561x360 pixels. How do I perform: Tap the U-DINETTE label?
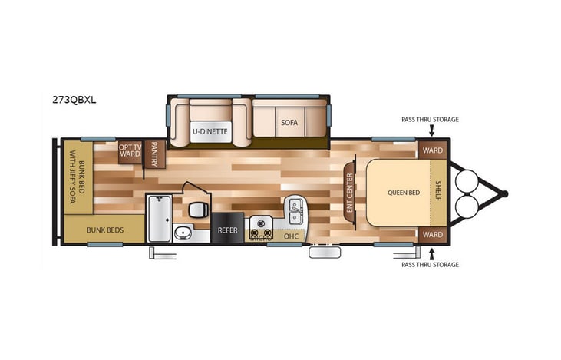point(210,131)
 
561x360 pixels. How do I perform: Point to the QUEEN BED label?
point(404,192)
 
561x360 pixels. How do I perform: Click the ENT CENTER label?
point(349,193)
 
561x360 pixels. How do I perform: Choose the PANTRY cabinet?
point(155,154)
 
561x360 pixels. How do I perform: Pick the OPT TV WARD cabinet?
point(129,150)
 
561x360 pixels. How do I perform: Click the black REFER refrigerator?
point(228,229)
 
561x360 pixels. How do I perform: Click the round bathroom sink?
point(181,234)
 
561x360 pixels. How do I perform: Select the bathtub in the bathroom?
point(160,218)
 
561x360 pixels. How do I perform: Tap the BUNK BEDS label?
point(104,230)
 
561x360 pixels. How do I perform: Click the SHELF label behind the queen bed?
point(437,192)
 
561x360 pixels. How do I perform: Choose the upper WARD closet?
point(432,150)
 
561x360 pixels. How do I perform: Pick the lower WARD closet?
point(432,234)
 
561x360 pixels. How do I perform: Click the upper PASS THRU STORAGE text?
point(430,120)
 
